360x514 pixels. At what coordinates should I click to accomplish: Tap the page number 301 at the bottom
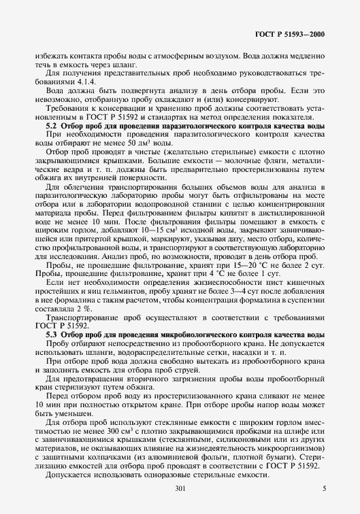point(180,490)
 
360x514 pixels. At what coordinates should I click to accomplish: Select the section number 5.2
point(51,126)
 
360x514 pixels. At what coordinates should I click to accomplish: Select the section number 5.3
point(51,336)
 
